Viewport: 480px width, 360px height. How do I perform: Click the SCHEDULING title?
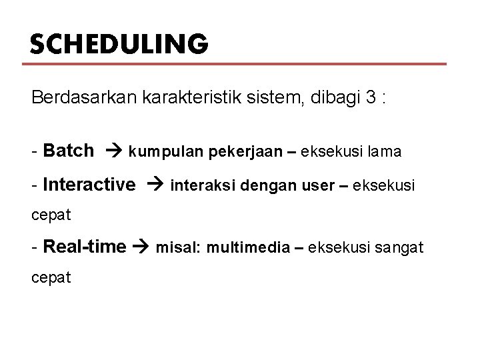119,44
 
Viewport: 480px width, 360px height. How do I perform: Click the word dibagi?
330,98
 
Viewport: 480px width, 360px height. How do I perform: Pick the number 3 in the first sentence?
371,98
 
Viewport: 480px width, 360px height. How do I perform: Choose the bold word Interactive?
88,184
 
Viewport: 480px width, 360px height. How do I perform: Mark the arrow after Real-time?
142,248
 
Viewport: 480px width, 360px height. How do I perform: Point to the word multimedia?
251,249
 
